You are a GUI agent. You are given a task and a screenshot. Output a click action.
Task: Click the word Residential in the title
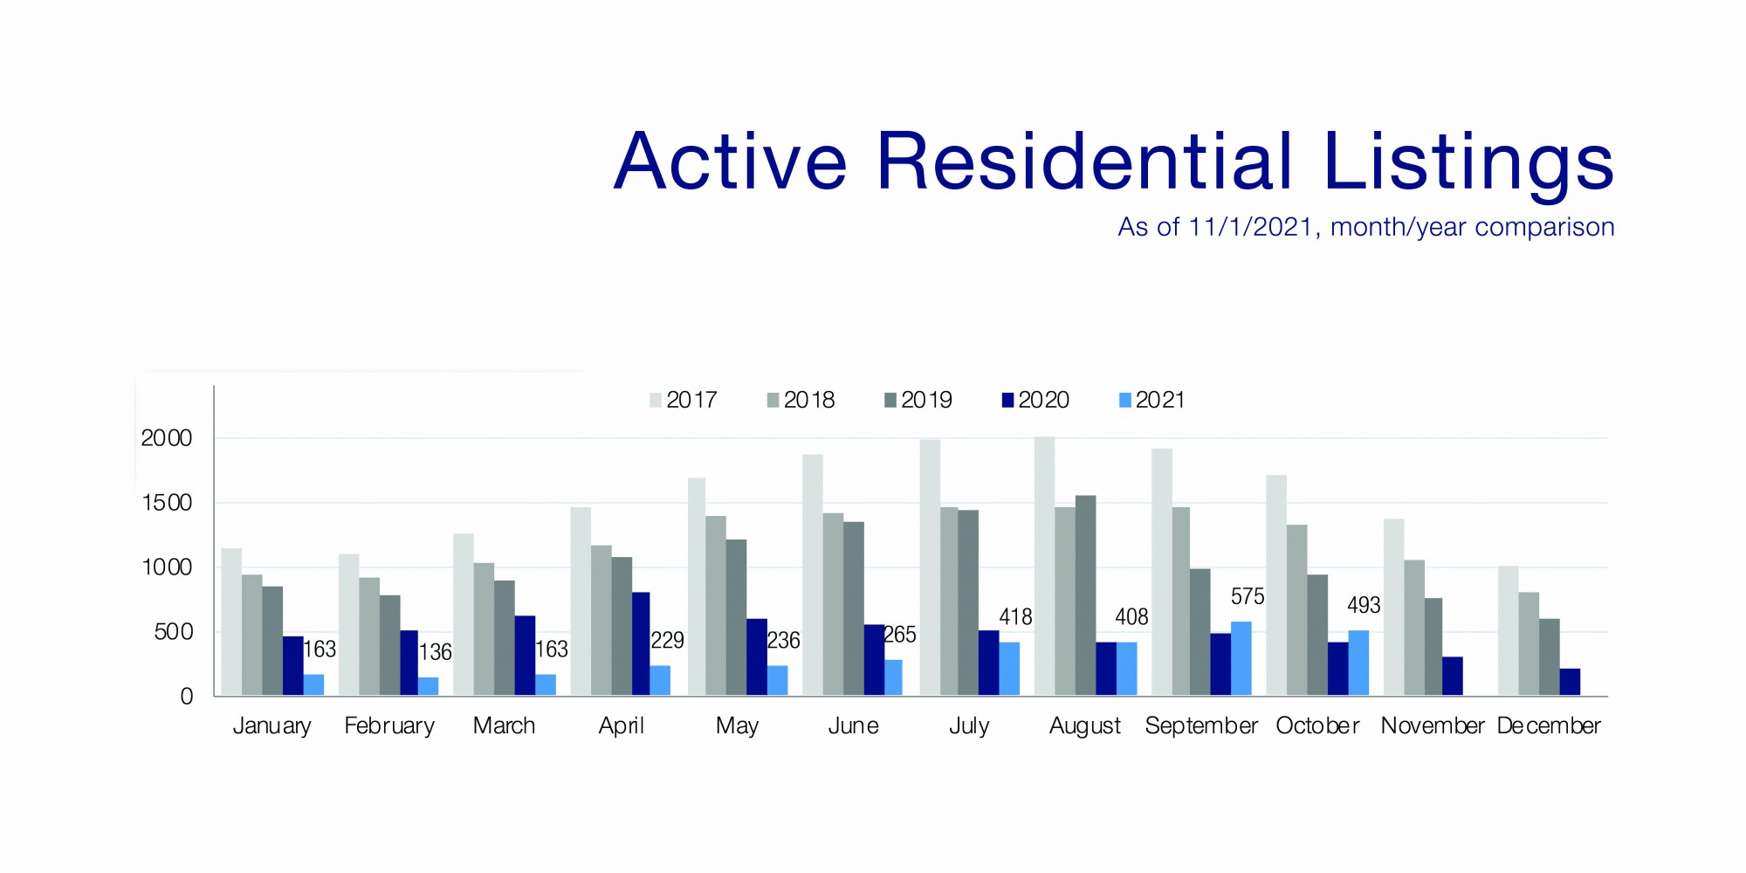point(1084,162)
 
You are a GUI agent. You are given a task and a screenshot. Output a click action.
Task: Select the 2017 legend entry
point(683,400)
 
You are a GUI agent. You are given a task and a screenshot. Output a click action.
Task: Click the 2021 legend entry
point(1151,400)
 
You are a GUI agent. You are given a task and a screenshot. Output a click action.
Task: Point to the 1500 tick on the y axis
point(166,503)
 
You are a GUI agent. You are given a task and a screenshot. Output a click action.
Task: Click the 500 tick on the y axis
point(173,632)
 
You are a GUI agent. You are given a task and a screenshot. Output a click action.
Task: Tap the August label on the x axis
point(1084,725)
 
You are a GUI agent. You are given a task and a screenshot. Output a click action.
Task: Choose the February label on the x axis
point(389,725)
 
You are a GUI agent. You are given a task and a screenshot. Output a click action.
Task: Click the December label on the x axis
point(1549,725)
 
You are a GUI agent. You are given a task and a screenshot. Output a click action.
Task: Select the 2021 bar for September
point(1241,658)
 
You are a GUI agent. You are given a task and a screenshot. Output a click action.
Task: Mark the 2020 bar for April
point(640,643)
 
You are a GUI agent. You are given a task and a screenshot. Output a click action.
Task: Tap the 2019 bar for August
point(1085,595)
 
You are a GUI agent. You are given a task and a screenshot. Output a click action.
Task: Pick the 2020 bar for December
point(1570,682)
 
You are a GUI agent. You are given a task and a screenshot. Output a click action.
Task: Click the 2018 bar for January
point(251,635)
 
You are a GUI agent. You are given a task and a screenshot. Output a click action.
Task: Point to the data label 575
point(1248,597)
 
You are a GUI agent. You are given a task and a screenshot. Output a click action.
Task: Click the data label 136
point(435,652)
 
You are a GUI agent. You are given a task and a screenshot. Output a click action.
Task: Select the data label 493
point(1364,606)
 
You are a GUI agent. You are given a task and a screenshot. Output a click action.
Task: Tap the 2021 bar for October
point(1358,663)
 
